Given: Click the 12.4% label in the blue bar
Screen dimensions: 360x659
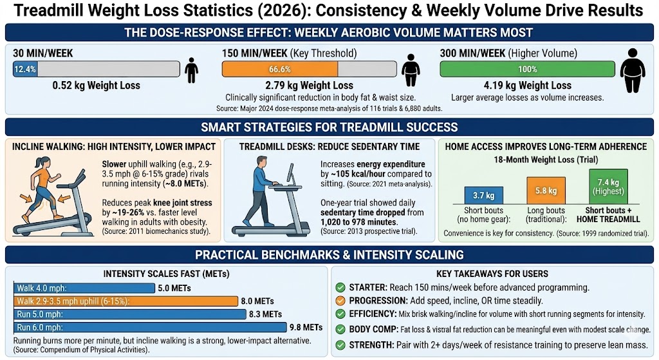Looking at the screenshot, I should coord(24,69).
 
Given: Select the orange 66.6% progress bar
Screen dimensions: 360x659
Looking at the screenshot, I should coord(280,69).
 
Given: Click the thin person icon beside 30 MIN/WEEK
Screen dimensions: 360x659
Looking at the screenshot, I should coord(190,70).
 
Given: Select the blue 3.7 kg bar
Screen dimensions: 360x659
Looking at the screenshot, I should coord(483,194).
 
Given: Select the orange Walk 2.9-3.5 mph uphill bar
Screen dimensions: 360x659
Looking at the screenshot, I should coord(126,301).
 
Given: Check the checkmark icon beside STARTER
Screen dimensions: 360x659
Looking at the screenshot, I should coord(340,288).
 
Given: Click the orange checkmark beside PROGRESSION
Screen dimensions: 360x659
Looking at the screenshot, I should coord(340,301).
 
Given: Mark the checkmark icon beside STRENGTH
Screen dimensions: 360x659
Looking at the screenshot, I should coord(340,345).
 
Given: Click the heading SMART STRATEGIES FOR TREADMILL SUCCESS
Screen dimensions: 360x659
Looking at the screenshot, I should coord(329,126).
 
